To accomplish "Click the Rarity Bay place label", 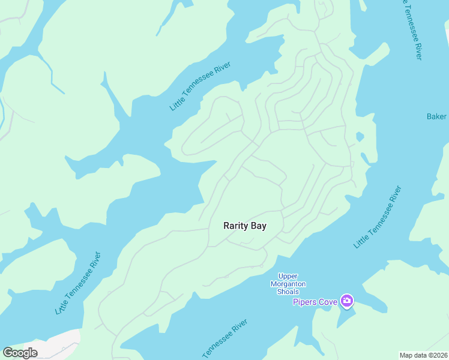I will (244, 226).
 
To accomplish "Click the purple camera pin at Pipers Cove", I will (347, 301).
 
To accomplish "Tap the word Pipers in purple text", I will (306, 301).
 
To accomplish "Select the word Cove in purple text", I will (328, 301).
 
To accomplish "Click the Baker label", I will (436, 116).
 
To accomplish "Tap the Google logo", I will (20, 353).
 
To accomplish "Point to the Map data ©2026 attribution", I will (423, 355).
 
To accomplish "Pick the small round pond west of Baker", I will (360, 137).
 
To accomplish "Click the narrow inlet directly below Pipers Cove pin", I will (344, 318).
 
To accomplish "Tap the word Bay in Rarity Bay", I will (259, 226).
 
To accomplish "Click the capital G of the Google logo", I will (8, 353).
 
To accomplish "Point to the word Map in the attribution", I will (406, 355).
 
